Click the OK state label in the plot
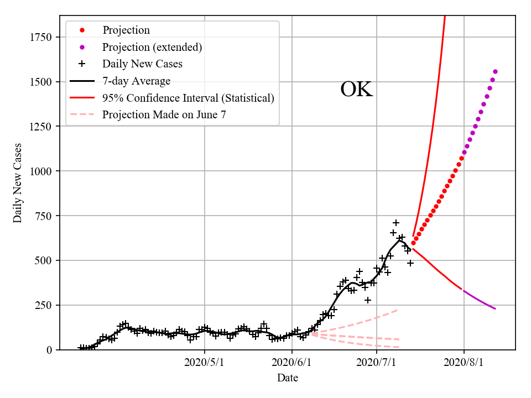(356, 90)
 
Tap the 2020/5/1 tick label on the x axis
(205, 363)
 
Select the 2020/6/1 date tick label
(292, 363)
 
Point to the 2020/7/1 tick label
(377, 363)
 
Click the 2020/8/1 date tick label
(464, 363)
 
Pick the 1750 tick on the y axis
(41, 37)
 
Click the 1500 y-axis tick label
(41, 82)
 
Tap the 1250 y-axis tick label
(41, 127)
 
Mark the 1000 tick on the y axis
(41, 171)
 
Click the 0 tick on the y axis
(49, 350)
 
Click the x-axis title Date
(288, 378)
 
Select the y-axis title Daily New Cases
(18, 182)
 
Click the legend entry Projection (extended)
(152, 47)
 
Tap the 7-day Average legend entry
(136, 81)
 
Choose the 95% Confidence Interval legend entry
(188, 98)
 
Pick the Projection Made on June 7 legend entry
(164, 115)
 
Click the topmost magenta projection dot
(495, 71)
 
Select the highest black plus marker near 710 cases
(396, 223)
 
